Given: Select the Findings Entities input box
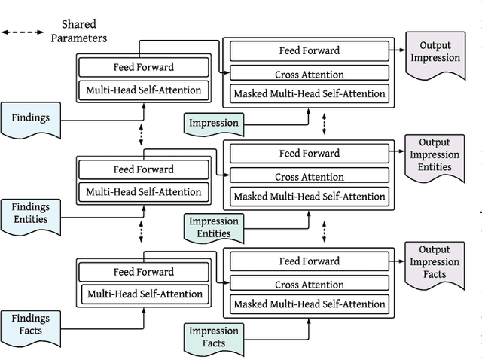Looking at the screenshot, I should click(31, 214).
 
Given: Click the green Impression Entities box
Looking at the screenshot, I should click(214, 228).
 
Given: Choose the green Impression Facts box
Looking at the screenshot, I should click(214, 337).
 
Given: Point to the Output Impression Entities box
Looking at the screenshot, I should click(435, 155).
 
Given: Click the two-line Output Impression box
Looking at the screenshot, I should click(435, 52).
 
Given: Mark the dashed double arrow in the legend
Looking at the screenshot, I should click(22, 32).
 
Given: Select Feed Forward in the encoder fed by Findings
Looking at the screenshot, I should click(143, 67).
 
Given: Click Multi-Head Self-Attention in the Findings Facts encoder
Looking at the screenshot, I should click(143, 294).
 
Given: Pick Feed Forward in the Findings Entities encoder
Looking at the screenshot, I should click(143, 169).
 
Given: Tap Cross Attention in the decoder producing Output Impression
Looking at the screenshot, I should click(309, 74).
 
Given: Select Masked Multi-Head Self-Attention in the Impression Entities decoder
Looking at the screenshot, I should click(309, 197).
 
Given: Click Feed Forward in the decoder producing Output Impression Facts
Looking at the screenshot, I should click(309, 261).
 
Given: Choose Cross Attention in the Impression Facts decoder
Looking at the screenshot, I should click(309, 285).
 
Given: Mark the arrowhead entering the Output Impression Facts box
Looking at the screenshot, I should click(402, 260).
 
